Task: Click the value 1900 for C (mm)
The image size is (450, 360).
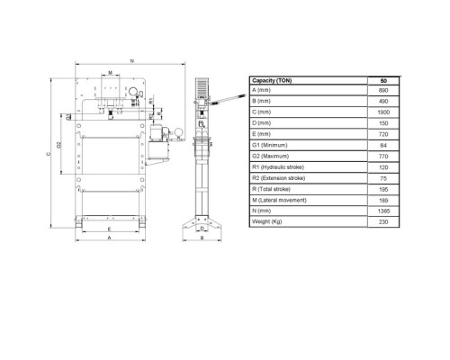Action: pyautogui.click(x=383, y=112)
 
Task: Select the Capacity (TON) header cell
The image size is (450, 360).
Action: pyautogui.click(x=272, y=80)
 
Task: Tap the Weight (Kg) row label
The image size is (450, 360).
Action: pyautogui.click(x=266, y=221)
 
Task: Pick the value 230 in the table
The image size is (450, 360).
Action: pyautogui.click(x=383, y=222)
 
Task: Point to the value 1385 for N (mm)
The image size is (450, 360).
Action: pyautogui.click(x=383, y=211)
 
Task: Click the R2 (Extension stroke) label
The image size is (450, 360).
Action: pyautogui.click(x=278, y=178)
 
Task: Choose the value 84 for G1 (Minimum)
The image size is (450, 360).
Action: pyautogui.click(x=383, y=145)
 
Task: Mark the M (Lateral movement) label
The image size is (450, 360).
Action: pyautogui.click(x=279, y=200)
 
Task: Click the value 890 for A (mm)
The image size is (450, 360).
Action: pyautogui.click(x=383, y=90)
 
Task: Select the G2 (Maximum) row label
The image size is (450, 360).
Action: pyautogui.click(x=270, y=156)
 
